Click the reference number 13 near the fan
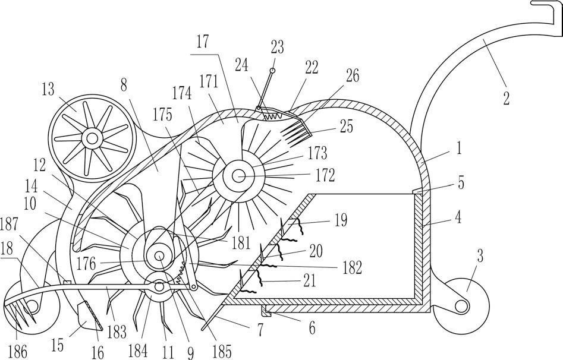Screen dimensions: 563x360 pyautogui.click(x=48, y=89)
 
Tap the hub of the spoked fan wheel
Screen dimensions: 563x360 pyautogui.click(x=92, y=138)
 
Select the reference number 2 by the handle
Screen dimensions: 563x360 pyautogui.click(x=507, y=97)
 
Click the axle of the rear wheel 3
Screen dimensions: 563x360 pyautogui.click(x=461, y=306)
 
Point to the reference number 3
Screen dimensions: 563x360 pyautogui.click(x=480, y=257)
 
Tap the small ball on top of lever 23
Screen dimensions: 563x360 pyautogui.click(x=272, y=71)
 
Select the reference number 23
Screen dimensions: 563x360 pyautogui.click(x=277, y=47)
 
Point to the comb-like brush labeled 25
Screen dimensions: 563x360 pyautogui.click(x=295, y=133)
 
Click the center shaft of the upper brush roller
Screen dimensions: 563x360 pyautogui.click(x=238, y=176)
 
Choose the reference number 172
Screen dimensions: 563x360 pyautogui.click(x=326, y=175)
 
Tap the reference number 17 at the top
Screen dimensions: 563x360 pyautogui.click(x=203, y=42)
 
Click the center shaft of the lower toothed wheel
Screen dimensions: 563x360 pyautogui.click(x=159, y=255)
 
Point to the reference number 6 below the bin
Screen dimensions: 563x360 pyautogui.click(x=312, y=328)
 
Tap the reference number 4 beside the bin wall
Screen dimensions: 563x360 pyautogui.click(x=458, y=217)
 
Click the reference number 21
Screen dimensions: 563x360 pyautogui.click(x=309, y=280)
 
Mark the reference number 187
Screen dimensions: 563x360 pyautogui.click(x=10, y=225)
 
